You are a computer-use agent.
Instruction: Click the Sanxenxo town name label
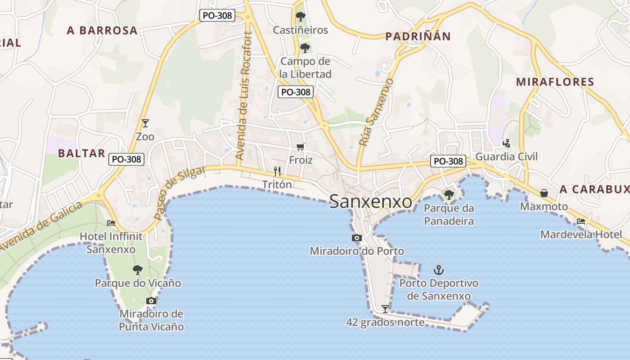click(x=370, y=202)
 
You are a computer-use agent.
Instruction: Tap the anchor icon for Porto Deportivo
click(x=438, y=270)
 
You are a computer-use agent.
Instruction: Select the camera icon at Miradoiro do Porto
click(x=356, y=238)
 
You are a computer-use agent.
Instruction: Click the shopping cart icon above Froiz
click(x=301, y=147)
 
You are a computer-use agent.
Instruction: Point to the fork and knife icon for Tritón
click(x=277, y=171)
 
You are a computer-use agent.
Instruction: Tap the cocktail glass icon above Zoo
click(x=145, y=123)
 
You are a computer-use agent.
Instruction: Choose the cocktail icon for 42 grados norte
click(x=385, y=309)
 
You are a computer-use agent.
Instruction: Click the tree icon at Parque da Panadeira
click(x=449, y=195)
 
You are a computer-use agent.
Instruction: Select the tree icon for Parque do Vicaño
click(x=138, y=270)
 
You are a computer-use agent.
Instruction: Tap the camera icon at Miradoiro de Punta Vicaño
click(x=151, y=301)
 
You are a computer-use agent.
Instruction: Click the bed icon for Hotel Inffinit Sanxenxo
click(x=111, y=223)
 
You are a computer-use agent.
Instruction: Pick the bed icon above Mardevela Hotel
click(x=581, y=221)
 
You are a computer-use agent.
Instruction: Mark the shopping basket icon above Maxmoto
click(x=544, y=193)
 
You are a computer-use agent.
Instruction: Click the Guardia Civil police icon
click(x=506, y=144)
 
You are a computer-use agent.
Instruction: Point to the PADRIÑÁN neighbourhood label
click(x=418, y=36)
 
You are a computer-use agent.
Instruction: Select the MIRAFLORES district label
click(x=555, y=82)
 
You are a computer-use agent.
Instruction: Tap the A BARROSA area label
click(x=102, y=30)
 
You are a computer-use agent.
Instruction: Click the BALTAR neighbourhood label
click(x=81, y=153)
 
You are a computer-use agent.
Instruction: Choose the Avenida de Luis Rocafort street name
click(x=243, y=96)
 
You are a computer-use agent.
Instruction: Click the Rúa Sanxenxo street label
click(x=376, y=112)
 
